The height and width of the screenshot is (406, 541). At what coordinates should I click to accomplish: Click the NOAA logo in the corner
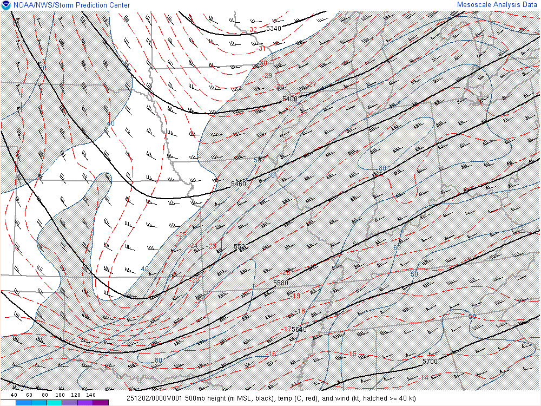pos(6,5)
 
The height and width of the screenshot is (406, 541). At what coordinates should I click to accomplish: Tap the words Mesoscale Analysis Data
pos(498,5)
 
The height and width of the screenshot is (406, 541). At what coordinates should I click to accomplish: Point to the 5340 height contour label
pos(274,28)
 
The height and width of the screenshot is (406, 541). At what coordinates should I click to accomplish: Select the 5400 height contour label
pos(290,99)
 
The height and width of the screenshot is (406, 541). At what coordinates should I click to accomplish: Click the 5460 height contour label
pos(239,184)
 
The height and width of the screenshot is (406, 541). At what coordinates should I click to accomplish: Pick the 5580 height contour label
pos(281,283)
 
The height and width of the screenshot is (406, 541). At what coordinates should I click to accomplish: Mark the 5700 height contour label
pos(430,361)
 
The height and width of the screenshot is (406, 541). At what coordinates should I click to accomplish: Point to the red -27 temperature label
pos(312,84)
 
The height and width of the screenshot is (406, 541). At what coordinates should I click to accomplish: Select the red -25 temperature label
pos(182,235)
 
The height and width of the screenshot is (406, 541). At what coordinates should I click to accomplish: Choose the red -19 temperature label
pos(295,296)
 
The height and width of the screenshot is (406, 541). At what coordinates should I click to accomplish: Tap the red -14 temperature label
pos(424,378)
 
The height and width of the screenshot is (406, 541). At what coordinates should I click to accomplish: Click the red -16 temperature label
pos(272,354)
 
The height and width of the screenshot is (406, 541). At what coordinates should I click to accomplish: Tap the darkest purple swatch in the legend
pos(101,403)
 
